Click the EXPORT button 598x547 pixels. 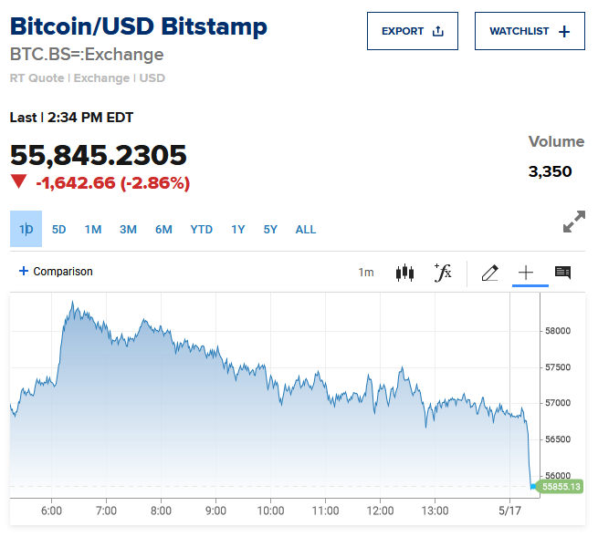[x=412, y=31]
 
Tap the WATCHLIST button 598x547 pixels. [x=530, y=31]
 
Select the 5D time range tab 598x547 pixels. [x=58, y=229]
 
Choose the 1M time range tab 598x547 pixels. [x=93, y=229]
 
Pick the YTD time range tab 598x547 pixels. [x=201, y=229]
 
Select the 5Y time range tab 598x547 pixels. [x=270, y=229]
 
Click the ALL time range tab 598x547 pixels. [x=306, y=229]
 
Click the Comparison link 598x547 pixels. [x=56, y=272]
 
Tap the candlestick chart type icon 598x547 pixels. [x=404, y=272]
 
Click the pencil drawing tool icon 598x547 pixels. [x=489, y=272]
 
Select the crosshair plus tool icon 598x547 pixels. [x=526, y=272]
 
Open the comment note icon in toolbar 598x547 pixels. [x=562, y=272]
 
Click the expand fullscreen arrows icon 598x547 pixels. [x=573, y=222]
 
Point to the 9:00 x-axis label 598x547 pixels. [x=215, y=511]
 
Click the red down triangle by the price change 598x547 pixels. [x=18, y=181]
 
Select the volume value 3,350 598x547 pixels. [x=550, y=171]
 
